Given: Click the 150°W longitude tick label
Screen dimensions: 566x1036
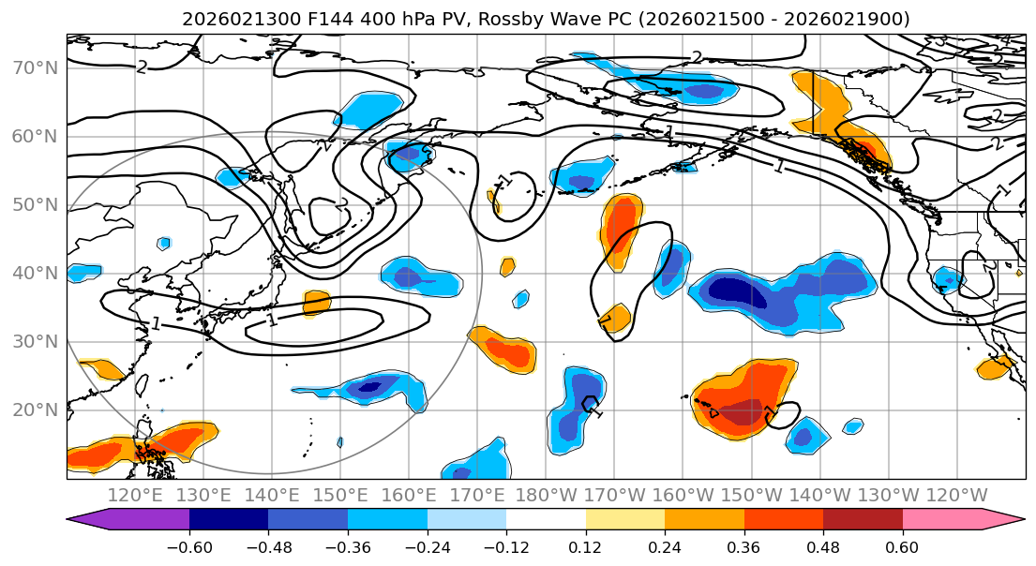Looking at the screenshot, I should [751, 495].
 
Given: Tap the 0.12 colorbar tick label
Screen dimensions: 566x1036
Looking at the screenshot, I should [585, 545].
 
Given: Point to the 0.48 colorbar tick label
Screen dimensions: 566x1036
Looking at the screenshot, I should [822, 545].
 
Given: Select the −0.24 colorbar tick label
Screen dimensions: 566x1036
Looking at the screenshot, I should [427, 545].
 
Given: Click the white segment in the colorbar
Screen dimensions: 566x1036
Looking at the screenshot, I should [546, 520].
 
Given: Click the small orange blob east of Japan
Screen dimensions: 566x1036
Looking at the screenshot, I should [317, 303].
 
